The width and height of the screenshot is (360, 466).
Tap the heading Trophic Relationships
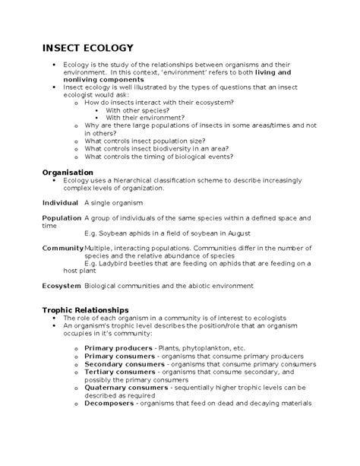pos(85,310)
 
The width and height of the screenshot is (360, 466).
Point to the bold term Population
pos(62,218)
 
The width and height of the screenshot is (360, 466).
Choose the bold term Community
pos(62,248)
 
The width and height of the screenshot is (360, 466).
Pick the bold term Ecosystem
pos(62,285)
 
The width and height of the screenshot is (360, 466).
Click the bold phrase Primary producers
pos(118,347)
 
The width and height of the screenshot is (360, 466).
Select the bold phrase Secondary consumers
pos(124,364)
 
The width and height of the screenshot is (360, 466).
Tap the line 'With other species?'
pos(141,110)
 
